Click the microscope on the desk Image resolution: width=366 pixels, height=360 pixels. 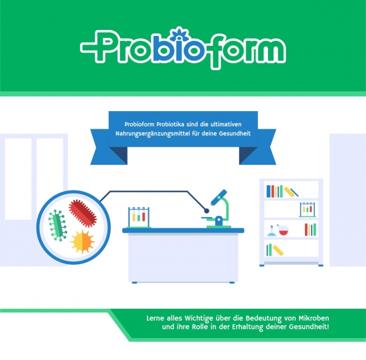pos(217,210)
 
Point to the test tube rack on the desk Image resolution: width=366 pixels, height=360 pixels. pos(138,217)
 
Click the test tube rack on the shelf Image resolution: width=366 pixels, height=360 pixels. pos(307,209)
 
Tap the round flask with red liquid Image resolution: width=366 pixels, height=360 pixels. pos(282,231)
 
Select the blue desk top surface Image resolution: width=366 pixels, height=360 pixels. pos(183,230)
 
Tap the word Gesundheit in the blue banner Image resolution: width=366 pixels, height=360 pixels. pos(237,134)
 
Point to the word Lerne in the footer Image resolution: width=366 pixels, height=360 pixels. pos(158,319)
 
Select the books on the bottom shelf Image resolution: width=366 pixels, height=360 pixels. pos(274,250)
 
